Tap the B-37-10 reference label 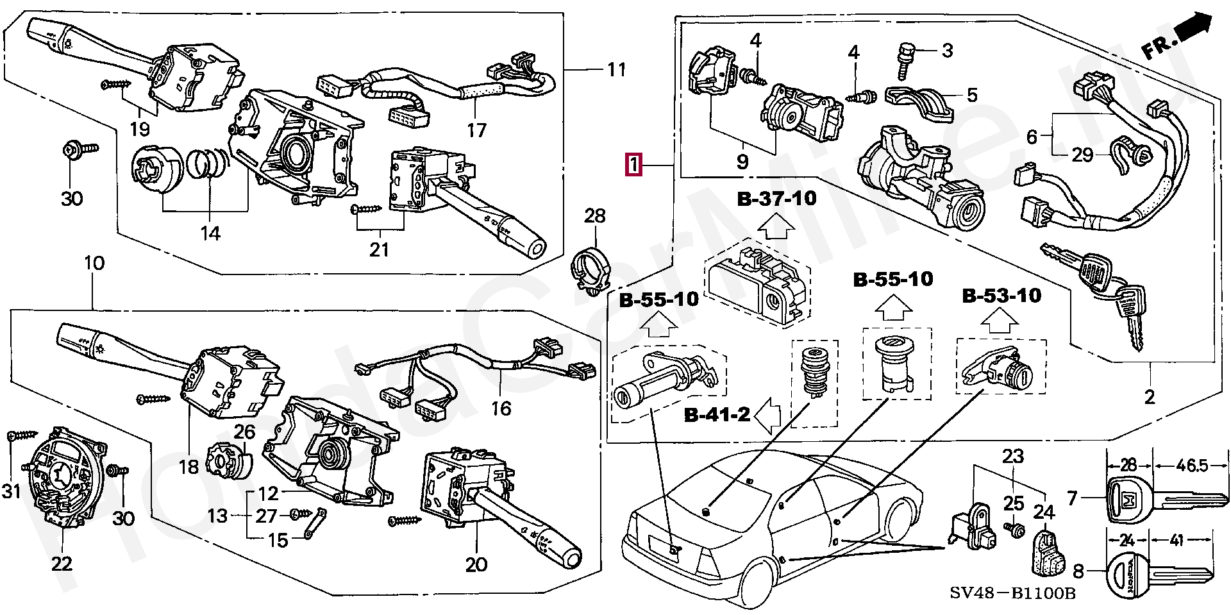(776, 198)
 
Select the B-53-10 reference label (1001, 296)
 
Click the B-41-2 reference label (717, 415)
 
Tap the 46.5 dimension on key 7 (1192, 466)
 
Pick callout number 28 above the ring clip (594, 215)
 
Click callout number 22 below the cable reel (62, 564)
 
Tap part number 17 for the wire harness (476, 130)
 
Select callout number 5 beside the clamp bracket (972, 96)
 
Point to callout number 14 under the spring (210, 233)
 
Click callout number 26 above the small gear (245, 433)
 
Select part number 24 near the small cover (1044, 512)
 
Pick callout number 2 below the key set (1150, 397)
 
